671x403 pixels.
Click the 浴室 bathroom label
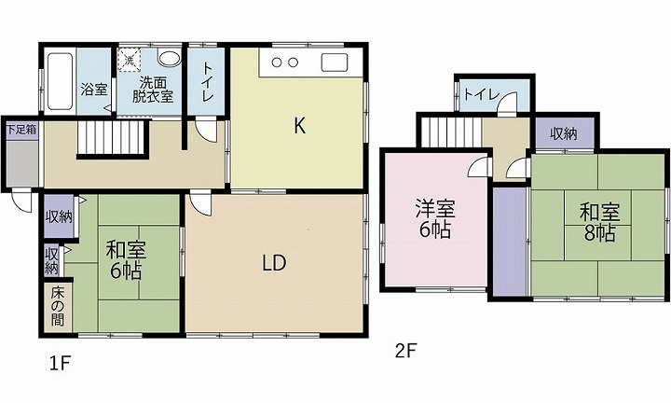click(93, 90)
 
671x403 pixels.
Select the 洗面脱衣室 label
click(152, 89)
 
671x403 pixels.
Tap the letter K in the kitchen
click(300, 126)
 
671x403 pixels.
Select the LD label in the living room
click(273, 264)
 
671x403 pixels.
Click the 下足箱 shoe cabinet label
click(20, 130)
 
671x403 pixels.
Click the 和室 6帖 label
click(125, 260)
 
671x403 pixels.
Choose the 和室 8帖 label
click(596, 223)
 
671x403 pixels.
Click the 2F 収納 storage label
click(563, 133)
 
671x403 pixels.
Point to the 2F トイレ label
click(479, 93)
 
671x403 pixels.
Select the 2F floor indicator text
click(404, 352)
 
